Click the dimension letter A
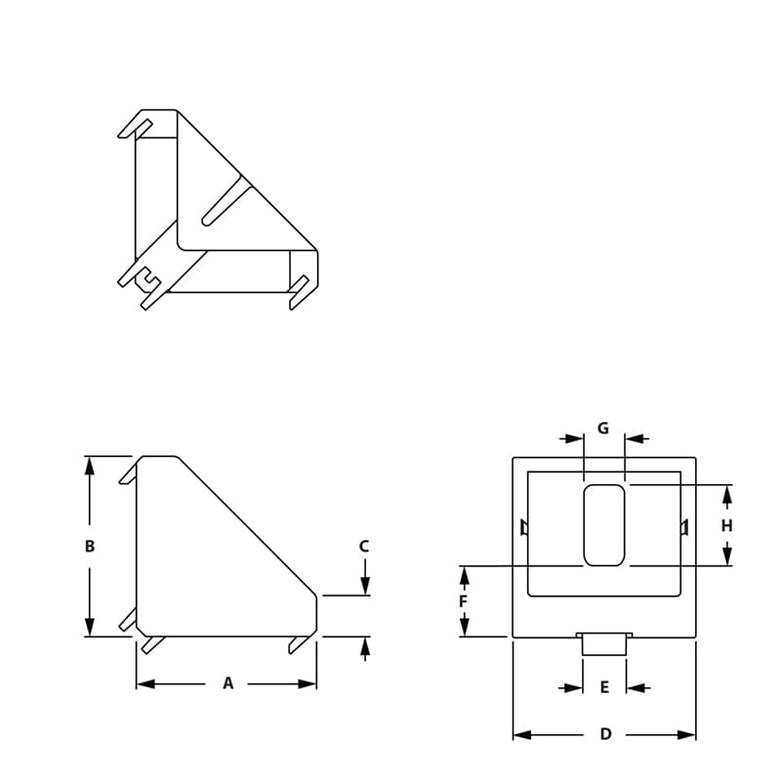tap(228, 683)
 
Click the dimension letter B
tap(90, 547)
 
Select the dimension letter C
tap(364, 547)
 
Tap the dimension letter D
tap(605, 734)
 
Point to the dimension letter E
tap(604, 688)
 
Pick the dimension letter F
tap(464, 601)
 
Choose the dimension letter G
tap(603, 429)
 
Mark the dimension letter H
tap(726, 526)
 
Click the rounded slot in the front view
tap(604, 525)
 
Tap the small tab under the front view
tap(604, 643)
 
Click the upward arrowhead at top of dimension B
tap(90, 466)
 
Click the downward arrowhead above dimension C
tap(365, 586)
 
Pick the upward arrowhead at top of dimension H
tap(726, 494)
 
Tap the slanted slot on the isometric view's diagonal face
tap(224, 201)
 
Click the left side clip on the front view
tap(524, 528)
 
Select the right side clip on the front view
tap(684, 528)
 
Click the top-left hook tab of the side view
tap(128, 473)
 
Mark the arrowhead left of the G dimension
tap(574, 438)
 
